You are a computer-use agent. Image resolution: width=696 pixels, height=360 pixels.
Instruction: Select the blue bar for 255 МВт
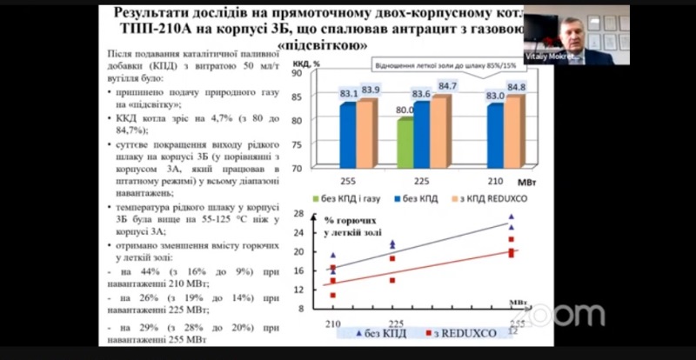coord(347,134)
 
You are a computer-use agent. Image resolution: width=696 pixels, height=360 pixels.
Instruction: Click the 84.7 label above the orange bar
coord(447,86)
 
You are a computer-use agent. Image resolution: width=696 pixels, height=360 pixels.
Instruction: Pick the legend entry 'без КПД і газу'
coord(355,199)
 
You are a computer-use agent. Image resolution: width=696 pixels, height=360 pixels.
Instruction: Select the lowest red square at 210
coord(333,296)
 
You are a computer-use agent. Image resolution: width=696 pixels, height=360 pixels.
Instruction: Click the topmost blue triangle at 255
coord(512,217)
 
